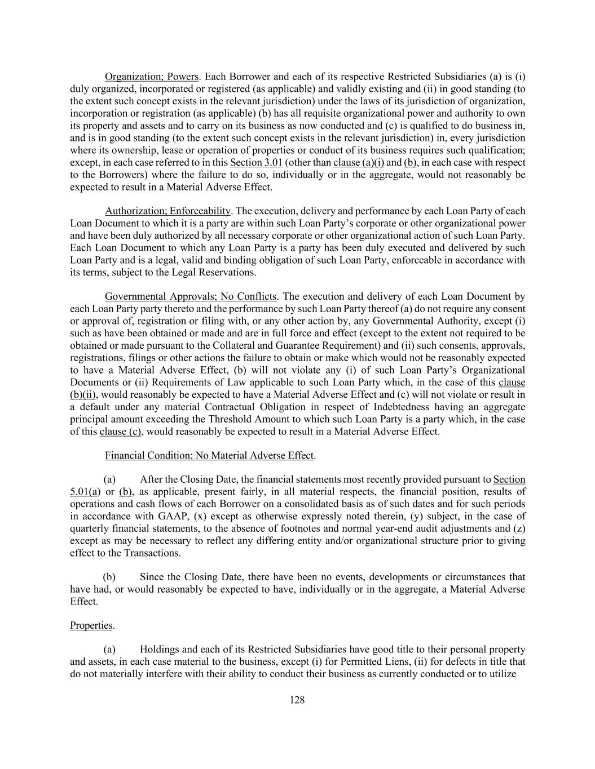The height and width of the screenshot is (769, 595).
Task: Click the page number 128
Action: pyautogui.click(x=297, y=700)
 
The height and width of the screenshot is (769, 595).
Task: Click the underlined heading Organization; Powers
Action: pyautogui.click(x=152, y=77)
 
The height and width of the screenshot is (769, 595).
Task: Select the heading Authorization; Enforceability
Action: pyautogui.click(x=168, y=211)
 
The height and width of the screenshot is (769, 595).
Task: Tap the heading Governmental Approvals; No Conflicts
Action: pyautogui.click(x=191, y=297)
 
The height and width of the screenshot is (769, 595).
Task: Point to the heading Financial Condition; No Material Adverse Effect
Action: pyautogui.click(x=209, y=455)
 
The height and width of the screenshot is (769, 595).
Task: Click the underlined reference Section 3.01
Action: pyautogui.click(x=256, y=163)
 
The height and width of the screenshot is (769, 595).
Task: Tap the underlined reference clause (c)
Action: pyautogui.click(x=121, y=432)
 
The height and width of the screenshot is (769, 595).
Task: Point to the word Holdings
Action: pyautogui.click(x=159, y=650)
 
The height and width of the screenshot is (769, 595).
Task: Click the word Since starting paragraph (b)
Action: pyautogui.click(x=152, y=577)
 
